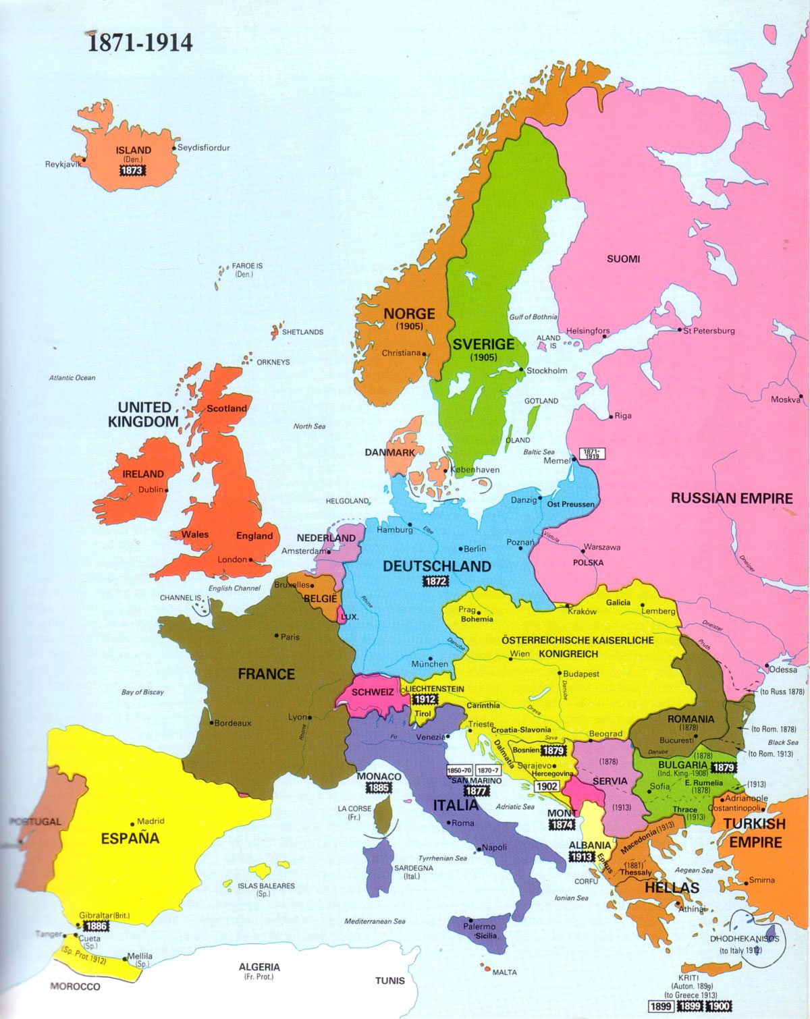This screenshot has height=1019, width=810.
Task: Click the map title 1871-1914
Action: (x=140, y=43)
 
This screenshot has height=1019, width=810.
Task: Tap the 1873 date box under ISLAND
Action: (x=132, y=170)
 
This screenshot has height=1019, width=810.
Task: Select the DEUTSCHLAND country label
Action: (x=437, y=566)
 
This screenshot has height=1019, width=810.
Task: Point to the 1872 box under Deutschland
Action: (x=436, y=581)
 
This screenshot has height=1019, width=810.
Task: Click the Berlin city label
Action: (x=475, y=549)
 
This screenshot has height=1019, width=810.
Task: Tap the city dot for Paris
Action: (x=277, y=636)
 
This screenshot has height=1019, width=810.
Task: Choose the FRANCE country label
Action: (x=266, y=673)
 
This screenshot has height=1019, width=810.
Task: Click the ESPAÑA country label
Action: (x=130, y=838)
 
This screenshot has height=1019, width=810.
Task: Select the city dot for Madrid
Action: (x=134, y=822)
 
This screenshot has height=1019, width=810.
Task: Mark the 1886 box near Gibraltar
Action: (x=95, y=927)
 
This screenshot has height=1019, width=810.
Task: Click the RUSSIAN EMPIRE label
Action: (x=731, y=498)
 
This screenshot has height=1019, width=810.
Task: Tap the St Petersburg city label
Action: (x=709, y=331)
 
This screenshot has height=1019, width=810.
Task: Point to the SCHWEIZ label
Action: (x=372, y=692)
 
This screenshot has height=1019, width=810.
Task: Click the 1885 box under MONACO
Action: (x=379, y=788)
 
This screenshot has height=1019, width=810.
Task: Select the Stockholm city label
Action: (x=547, y=370)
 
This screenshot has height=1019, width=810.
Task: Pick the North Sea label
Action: (x=309, y=426)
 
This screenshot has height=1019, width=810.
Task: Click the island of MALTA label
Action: (x=504, y=972)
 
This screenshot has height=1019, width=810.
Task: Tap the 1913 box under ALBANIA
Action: (x=581, y=856)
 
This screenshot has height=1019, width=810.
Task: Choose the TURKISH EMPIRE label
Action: (x=754, y=833)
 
